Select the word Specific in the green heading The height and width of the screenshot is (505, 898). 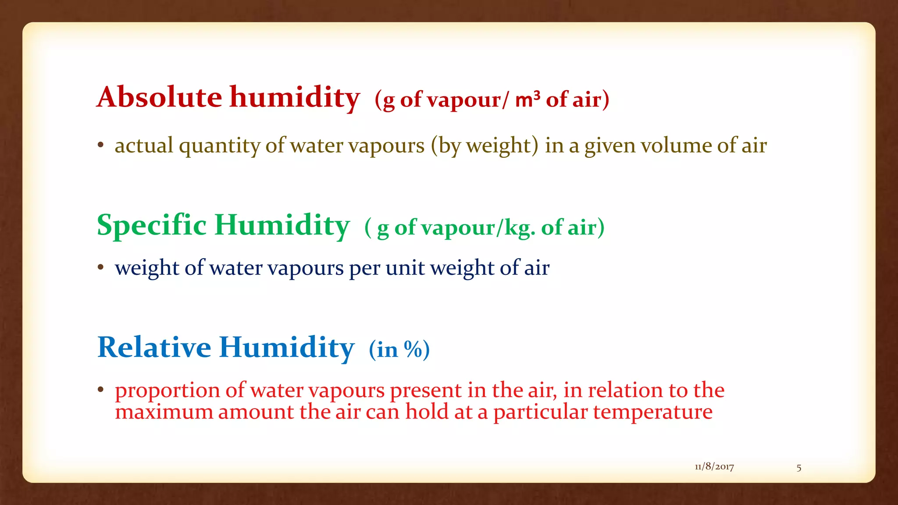pyautogui.click(x=151, y=225)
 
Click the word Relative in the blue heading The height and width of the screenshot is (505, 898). pyautogui.click(x=154, y=347)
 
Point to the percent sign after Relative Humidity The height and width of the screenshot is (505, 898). pyautogui.click(x=413, y=349)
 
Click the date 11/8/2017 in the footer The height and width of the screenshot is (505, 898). pyautogui.click(x=714, y=467)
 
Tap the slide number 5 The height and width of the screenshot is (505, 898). pyautogui.click(x=799, y=468)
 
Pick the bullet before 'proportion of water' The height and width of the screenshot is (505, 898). pyautogui.click(x=101, y=389)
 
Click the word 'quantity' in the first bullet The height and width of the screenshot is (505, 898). pyautogui.click(x=220, y=146)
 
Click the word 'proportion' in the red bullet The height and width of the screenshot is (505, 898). pyautogui.click(x=167, y=391)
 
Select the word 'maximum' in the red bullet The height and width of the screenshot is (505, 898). pyautogui.click(x=164, y=412)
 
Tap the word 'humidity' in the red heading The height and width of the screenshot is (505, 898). pyautogui.click(x=295, y=97)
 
